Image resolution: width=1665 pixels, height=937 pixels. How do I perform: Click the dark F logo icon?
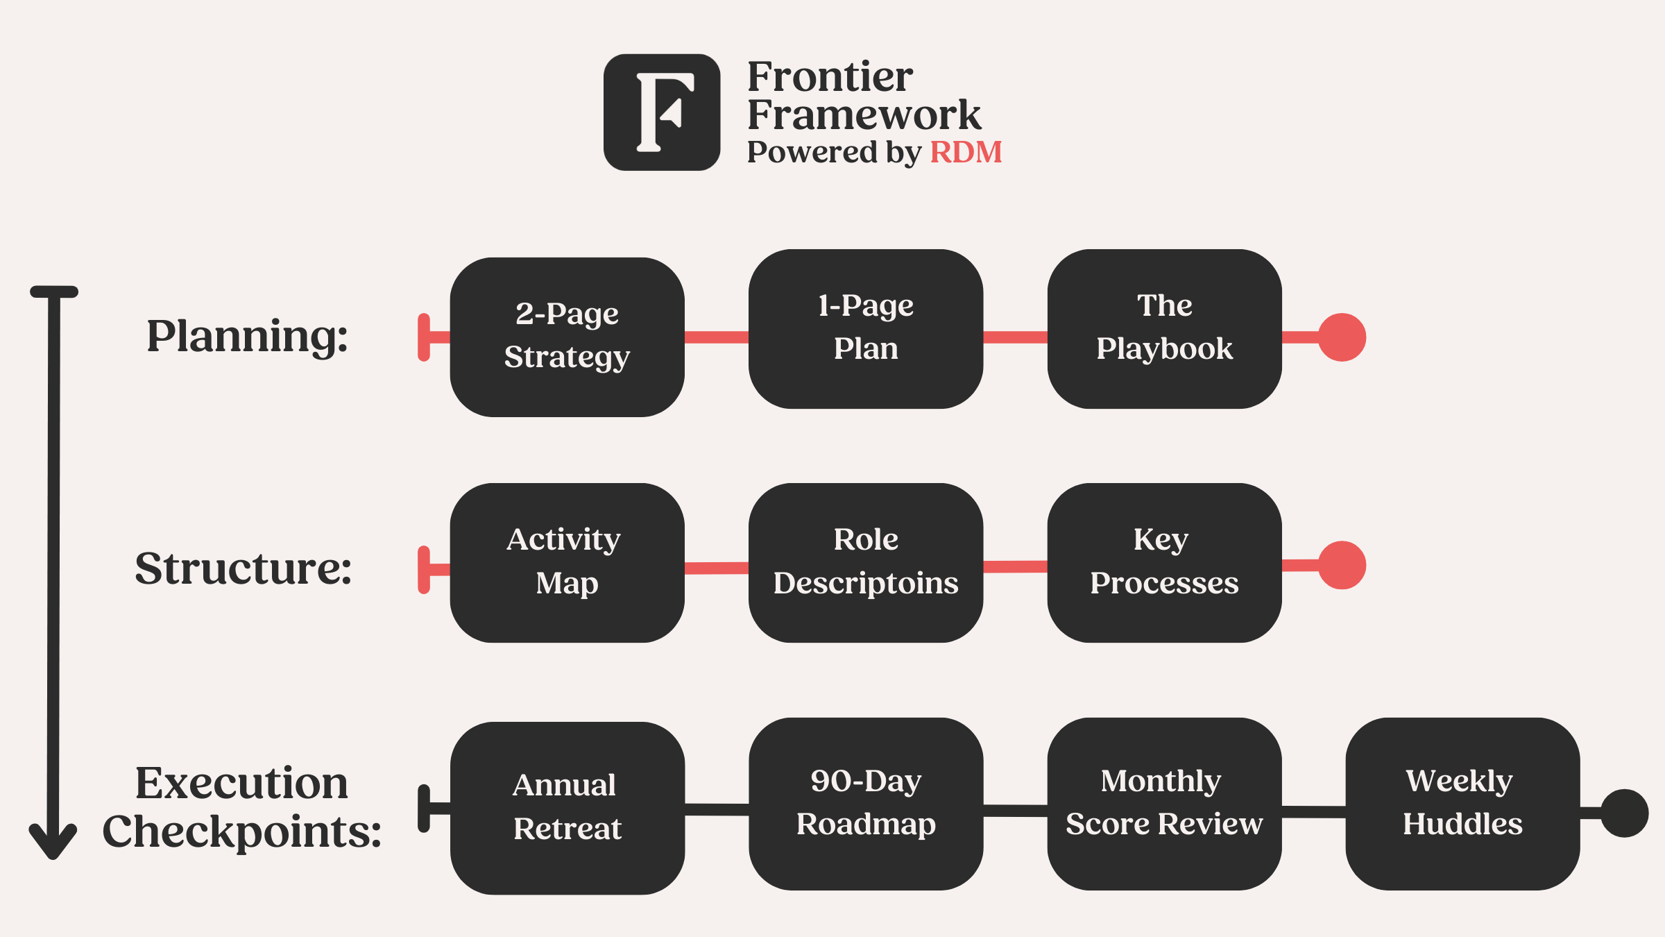(661, 112)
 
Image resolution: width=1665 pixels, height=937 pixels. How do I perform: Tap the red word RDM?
(966, 152)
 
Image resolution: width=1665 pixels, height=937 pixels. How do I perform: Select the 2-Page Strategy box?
(567, 337)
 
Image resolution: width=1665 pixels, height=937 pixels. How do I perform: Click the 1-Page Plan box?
(865, 328)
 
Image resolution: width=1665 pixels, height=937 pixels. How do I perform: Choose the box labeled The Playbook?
(1164, 328)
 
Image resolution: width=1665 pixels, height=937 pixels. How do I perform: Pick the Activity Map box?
(567, 562)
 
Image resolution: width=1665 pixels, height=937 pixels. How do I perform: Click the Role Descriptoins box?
(865, 562)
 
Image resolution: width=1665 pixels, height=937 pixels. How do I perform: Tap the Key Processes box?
(1164, 562)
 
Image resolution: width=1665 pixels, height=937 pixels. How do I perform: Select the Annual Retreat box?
(567, 808)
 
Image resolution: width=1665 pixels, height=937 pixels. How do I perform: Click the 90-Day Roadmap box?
(865, 804)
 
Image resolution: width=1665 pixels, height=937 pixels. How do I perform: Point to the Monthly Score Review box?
(1164, 804)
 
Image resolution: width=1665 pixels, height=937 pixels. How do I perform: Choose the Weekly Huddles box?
(1462, 804)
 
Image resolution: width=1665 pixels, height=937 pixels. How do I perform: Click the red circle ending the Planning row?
(1342, 337)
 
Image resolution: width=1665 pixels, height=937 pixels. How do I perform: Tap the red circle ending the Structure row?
(1342, 565)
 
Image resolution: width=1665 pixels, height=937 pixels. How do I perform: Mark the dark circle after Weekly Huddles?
(1624, 813)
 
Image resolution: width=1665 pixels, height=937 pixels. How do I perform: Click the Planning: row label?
(247, 337)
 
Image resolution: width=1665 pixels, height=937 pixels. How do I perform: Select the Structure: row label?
(243, 568)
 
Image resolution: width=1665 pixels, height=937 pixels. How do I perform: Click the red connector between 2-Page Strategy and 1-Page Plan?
(716, 337)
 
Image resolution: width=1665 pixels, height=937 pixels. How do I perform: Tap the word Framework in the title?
(864, 115)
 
